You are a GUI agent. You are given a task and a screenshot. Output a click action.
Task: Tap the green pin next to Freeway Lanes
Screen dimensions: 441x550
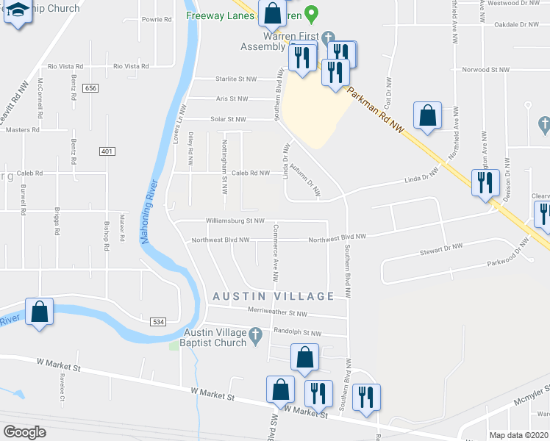tap(311, 13)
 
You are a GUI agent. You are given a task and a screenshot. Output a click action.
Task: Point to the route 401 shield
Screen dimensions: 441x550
tap(107, 151)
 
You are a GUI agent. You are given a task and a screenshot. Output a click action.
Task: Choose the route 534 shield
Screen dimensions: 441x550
tap(157, 322)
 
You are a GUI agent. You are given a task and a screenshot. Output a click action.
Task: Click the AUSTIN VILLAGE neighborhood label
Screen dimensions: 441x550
tap(273, 295)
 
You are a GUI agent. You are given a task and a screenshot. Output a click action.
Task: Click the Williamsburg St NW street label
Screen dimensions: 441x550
tap(235, 220)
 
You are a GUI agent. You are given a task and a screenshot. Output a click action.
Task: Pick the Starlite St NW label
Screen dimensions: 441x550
tap(235, 78)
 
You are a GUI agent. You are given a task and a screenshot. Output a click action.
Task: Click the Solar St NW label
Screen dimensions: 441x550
tap(229, 118)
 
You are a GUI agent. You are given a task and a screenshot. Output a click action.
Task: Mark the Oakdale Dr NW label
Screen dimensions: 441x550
tap(517, 24)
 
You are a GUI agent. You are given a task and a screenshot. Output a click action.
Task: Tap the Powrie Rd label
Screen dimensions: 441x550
tap(157, 19)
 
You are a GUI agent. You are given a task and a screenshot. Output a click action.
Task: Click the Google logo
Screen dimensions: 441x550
tap(24, 431)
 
